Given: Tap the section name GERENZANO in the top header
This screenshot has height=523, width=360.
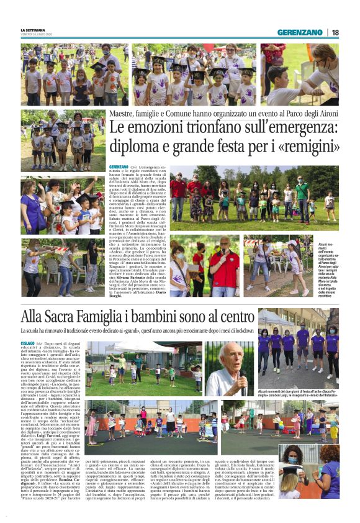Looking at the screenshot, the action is [300, 32].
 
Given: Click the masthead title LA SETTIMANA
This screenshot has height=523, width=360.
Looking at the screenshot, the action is [33, 29].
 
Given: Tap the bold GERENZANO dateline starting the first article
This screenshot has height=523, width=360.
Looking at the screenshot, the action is [119, 167].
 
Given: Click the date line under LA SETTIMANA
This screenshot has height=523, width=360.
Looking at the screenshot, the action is [36, 35].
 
